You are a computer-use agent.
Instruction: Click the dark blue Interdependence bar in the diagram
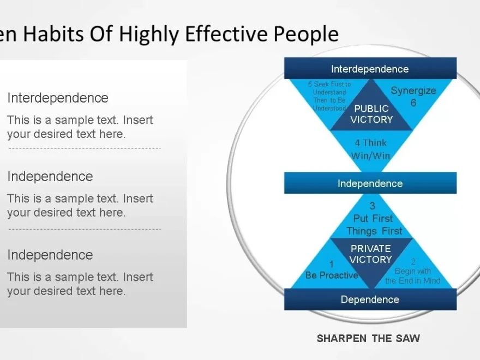pos(370,69)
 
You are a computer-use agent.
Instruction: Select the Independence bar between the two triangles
pos(370,183)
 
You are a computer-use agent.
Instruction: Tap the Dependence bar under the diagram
pos(370,299)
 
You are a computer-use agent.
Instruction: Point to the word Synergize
pos(413,91)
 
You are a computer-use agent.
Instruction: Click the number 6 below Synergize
pos(413,103)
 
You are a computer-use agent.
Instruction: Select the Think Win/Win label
pos(371,149)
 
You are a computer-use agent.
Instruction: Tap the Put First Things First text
pos(374,225)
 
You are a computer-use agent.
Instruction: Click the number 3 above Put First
pos(373,206)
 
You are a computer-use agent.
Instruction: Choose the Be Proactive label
pos(332,275)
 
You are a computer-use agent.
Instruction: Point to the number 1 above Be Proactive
pos(331,265)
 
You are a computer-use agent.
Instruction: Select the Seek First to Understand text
pos(329,97)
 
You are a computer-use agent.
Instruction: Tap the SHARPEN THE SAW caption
pos(369,338)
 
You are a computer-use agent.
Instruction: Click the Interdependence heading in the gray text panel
pos(58,98)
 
